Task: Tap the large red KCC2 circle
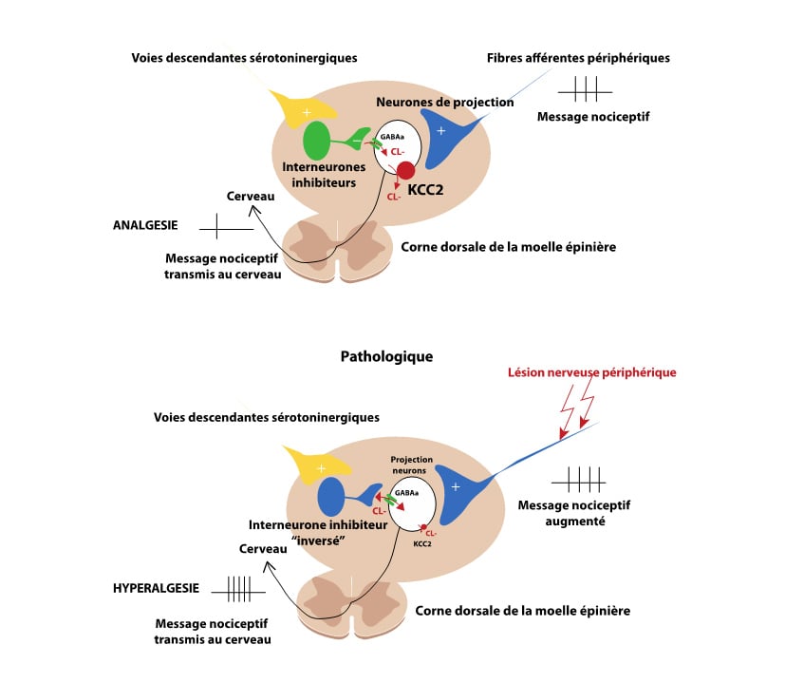(x=405, y=171)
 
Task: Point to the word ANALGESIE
(x=142, y=226)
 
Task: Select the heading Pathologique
(x=386, y=356)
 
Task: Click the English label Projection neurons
(x=412, y=465)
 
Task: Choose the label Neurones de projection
(x=445, y=101)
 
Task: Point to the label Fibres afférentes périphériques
(x=578, y=58)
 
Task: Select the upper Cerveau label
(x=251, y=196)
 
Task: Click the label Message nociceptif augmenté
(x=562, y=513)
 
